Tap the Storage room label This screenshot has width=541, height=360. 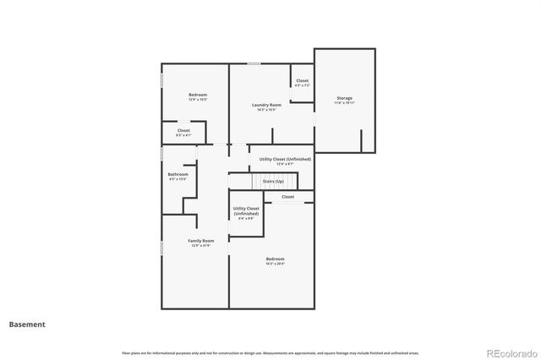coord(344,98)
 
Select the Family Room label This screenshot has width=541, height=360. coord(201,241)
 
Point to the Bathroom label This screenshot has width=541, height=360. coord(178,174)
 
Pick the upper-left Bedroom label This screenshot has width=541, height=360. coord(198,95)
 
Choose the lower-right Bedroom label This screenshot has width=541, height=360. coord(276,259)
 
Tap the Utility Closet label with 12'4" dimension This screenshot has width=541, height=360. coord(285,159)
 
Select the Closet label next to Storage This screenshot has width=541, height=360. coord(303,81)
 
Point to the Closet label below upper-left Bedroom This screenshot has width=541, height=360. coord(183,130)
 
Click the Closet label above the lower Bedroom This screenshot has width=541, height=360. coord(288,197)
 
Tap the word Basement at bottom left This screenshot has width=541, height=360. coord(27,324)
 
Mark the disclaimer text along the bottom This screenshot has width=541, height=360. coord(270,352)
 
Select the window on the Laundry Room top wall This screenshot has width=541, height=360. coord(254,63)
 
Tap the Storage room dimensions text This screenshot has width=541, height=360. coord(344,103)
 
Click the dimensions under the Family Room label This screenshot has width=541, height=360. coord(201,246)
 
